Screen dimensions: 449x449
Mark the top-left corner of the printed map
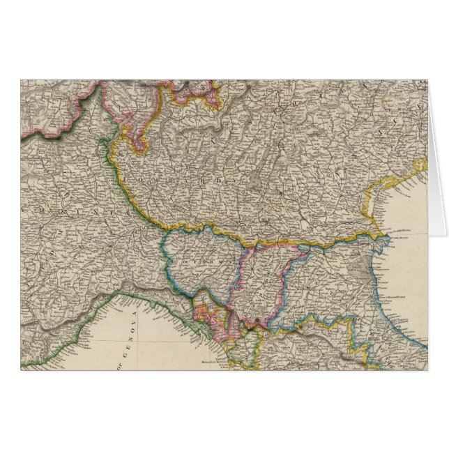pyautogui.click(x=21, y=79)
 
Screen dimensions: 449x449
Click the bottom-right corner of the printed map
pyautogui.click(x=428, y=370)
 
